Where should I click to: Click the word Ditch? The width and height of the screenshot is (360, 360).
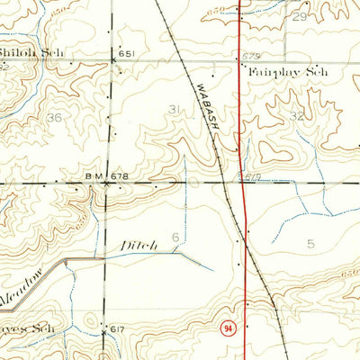point(136,244)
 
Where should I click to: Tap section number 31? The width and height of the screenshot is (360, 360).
point(175,110)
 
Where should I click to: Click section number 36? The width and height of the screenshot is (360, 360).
point(56,118)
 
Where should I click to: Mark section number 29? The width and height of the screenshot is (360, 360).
point(300,17)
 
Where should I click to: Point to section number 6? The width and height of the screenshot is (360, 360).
point(176,237)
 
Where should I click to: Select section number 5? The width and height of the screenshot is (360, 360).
point(310,243)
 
